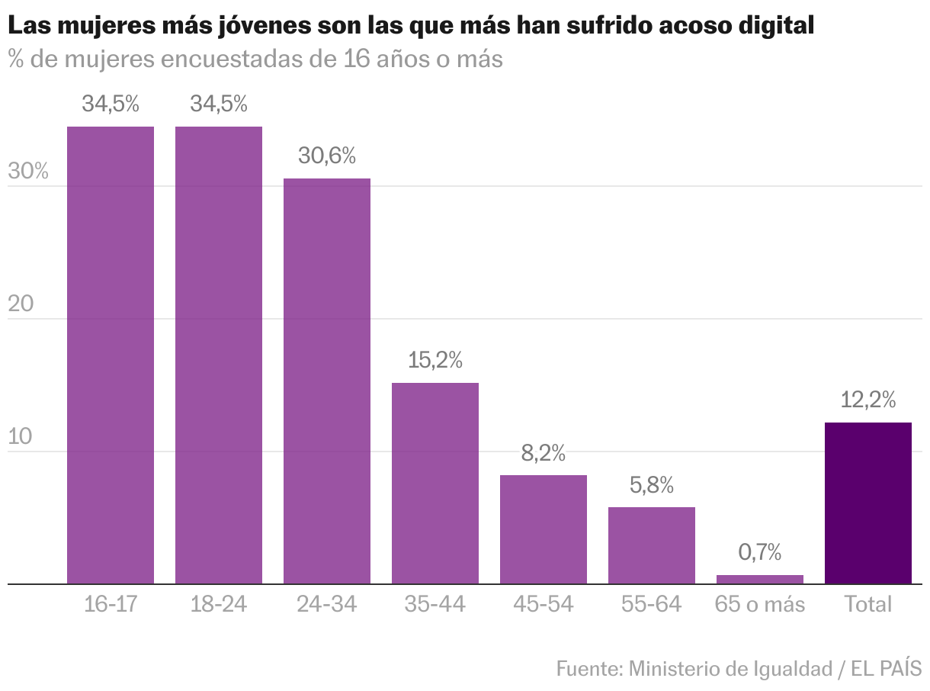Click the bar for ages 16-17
pos(111,355)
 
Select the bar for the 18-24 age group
pos(219,355)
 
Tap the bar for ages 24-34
pos(327,381)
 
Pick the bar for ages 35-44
pos(435,484)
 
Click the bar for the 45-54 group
pos(544,529)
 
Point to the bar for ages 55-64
pos(652,545)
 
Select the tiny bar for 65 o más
pos(760,580)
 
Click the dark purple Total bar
pos(868,503)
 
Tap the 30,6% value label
pos(327,156)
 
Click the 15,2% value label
pos(435,360)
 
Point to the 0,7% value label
pos(760,551)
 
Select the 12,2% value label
pos(868,400)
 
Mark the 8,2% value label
pos(544,453)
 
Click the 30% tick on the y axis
pos(28,172)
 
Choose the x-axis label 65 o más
pos(760,605)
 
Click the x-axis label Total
pos(868,605)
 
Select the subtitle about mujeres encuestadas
pos(255,59)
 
